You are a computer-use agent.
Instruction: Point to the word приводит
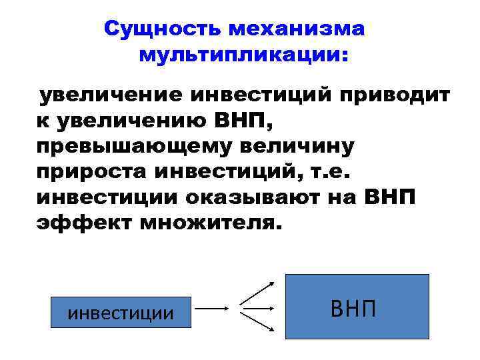(393, 95)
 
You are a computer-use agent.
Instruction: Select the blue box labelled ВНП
(357, 307)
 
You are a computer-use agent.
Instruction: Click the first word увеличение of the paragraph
(110, 95)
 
